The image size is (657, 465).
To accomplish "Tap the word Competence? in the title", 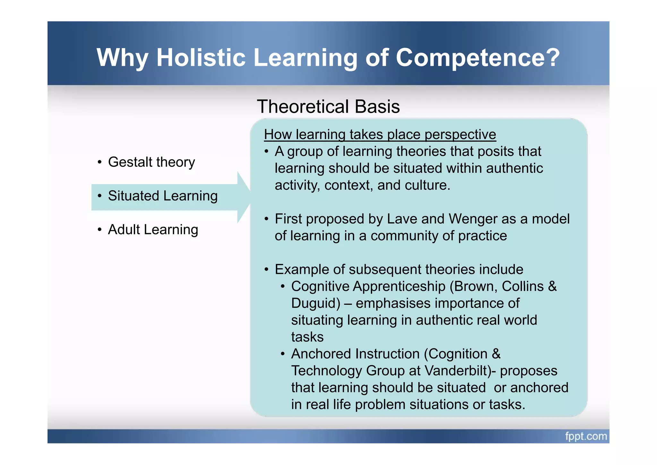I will [478, 58].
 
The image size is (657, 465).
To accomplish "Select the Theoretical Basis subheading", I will [328, 107].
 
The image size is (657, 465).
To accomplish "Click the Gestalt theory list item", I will [151, 162].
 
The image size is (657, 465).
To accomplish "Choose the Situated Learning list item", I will [163, 196].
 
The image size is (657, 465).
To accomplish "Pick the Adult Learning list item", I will [153, 230].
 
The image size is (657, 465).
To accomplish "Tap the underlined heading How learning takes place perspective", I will [380, 135].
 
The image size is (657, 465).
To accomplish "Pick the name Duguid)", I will [316, 303].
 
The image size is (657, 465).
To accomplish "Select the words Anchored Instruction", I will [355, 354].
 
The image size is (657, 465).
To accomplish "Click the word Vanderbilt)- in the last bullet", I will [460, 371].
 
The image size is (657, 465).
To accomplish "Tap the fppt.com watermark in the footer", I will [586, 436].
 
